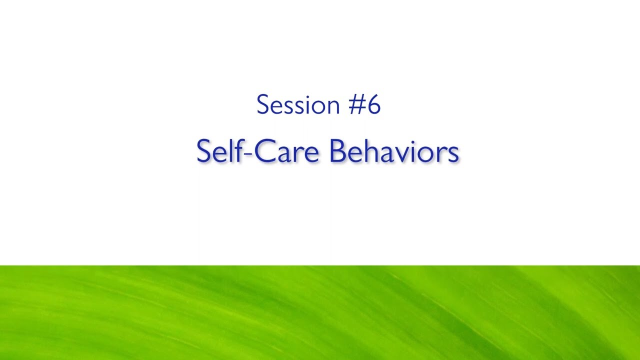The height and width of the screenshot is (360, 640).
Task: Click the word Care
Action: tap(286, 151)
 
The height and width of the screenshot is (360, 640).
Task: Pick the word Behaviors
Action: tap(394, 151)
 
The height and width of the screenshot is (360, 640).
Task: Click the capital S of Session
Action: tap(262, 105)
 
